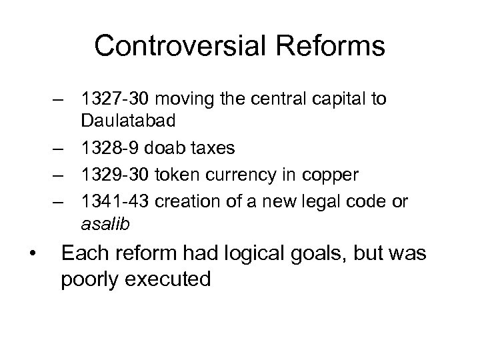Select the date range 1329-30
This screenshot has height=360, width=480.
(113, 175)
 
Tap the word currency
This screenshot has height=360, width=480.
(235, 175)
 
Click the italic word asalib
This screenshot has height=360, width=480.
(102, 225)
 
